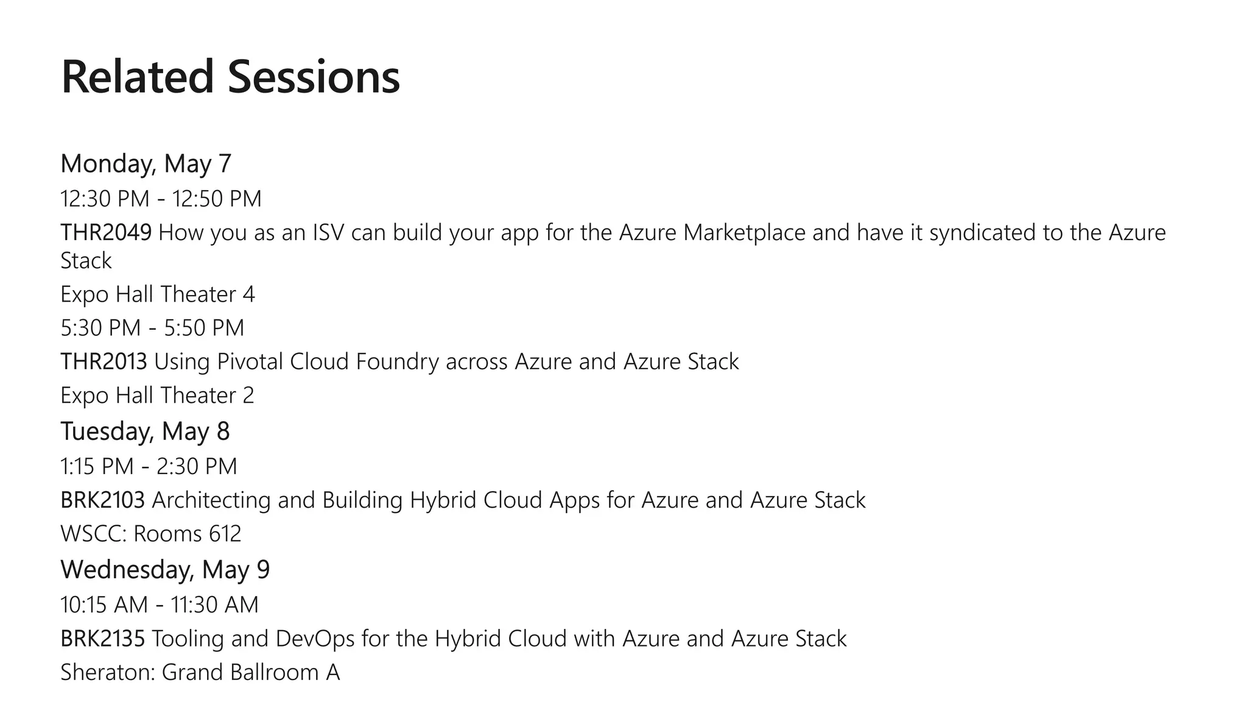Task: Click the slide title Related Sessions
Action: click(x=230, y=77)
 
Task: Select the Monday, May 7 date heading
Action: click(x=146, y=163)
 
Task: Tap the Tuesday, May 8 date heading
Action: click(x=145, y=431)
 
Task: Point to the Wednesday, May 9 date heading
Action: click(x=165, y=570)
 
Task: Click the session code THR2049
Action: click(x=106, y=233)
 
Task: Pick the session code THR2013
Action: click(x=104, y=362)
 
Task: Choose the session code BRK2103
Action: click(x=102, y=500)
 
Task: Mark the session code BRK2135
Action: click(x=102, y=639)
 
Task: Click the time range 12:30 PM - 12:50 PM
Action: click(x=161, y=199)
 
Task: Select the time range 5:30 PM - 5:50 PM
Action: click(x=152, y=328)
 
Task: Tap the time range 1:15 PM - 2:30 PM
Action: click(x=149, y=467)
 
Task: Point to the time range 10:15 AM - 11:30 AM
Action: click(x=160, y=605)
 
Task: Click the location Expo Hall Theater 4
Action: click(x=157, y=294)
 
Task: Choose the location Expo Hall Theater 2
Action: click(x=157, y=395)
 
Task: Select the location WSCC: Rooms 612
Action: click(x=150, y=534)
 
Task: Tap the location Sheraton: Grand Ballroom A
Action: click(x=200, y=672)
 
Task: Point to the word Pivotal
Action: click(x=250, y=362)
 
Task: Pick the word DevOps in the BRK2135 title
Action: click(x=315, y=639)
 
